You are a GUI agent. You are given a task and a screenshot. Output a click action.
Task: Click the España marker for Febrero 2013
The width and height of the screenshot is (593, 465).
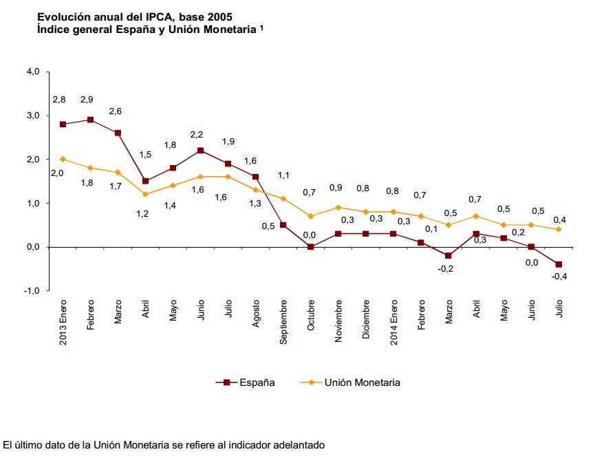[90, 120]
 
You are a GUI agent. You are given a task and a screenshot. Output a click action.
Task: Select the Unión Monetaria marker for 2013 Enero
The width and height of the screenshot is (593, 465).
[63, 159]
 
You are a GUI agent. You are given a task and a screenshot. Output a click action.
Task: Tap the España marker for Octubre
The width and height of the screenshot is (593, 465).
[311, 246]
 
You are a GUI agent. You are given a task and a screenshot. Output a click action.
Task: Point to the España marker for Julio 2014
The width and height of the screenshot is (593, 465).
[559, 264]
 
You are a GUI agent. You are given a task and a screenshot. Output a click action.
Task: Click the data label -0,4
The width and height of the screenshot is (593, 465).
[559, 277]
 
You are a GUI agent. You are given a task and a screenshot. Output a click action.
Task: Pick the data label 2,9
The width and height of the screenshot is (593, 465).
[87, 100]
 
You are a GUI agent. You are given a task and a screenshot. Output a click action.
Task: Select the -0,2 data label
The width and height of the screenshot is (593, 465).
[446, 269]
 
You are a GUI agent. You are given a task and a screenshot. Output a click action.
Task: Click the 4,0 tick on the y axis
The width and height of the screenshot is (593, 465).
[32, 71]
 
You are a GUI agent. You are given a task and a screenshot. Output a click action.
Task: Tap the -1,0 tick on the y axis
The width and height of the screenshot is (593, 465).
[31, 291]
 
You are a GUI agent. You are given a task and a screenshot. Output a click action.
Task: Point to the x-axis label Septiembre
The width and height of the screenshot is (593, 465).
[283, 321]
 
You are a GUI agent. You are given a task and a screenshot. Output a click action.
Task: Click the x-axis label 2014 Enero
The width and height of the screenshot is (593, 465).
[393, 323]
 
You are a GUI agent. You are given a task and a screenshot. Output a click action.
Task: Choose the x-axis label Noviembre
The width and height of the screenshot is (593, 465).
[338, 321]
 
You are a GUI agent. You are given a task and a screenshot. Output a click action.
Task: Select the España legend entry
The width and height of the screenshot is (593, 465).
[257, 382]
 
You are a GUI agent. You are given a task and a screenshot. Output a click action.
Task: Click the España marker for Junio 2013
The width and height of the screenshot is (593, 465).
[200, 150]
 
